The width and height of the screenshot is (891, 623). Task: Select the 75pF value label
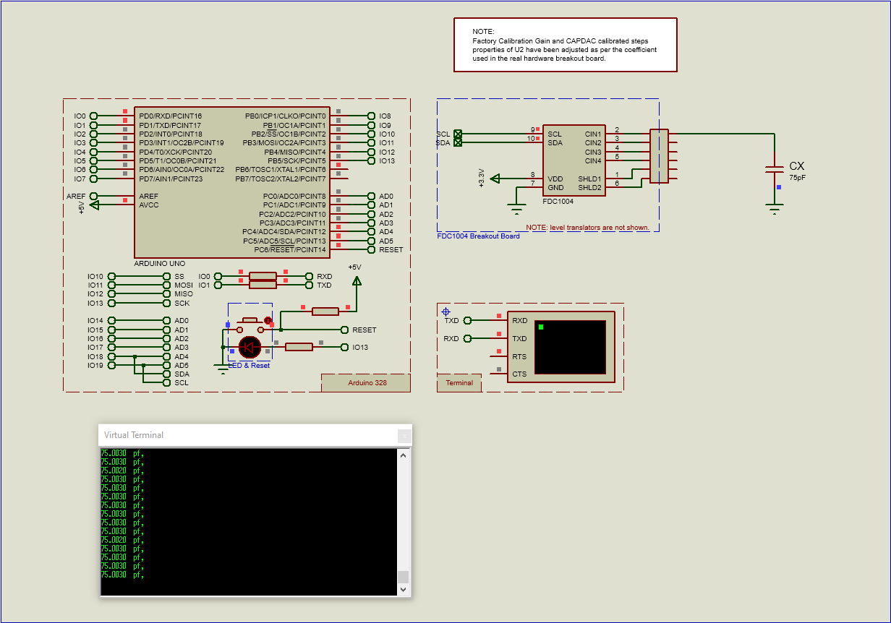click(797, 177)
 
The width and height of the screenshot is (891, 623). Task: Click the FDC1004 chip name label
click(558, 202)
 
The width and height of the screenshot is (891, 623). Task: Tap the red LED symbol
click(250, 348)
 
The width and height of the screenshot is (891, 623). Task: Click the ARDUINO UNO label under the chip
click(160, 263)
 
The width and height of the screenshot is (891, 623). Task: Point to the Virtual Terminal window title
click(134, 435)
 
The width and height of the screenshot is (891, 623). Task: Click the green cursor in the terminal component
click(540, 327)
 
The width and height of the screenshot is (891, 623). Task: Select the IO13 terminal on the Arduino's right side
click(387, 161)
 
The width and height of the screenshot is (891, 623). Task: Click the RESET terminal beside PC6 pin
click(391, 250)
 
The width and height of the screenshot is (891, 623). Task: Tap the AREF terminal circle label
click(76, 197)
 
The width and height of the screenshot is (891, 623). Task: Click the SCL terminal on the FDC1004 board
click(443, 134)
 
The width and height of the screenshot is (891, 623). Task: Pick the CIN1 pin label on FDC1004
click(593, 134)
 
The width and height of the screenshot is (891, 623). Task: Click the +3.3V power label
click(482, 178)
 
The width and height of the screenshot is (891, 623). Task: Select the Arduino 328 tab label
click(367, 383)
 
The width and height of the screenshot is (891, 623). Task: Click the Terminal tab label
click(459, 383)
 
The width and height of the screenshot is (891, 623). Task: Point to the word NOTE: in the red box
click(483, 32)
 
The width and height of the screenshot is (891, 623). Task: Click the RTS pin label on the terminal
click(519, 356)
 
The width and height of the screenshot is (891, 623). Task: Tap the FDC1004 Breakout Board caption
click(478, 236)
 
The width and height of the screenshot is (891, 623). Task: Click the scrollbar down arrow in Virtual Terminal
click(404, 590)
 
